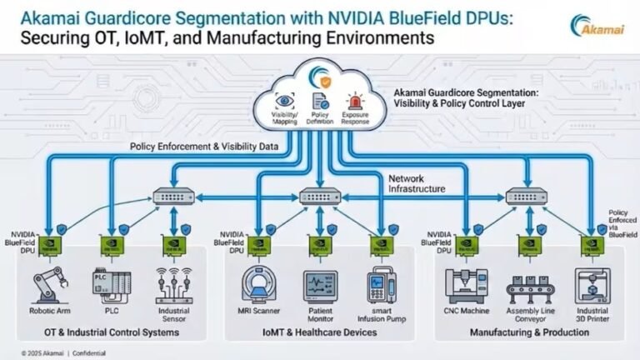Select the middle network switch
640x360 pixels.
coord(320,197)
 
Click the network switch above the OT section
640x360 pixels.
coord(174,197)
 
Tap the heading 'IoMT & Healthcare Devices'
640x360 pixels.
coord(320,332)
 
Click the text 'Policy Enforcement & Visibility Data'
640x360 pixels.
coord(203,147)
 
